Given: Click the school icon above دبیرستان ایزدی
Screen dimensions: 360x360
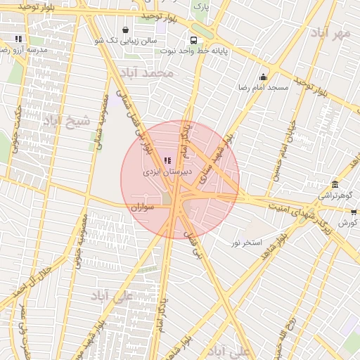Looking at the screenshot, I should [x=167, y=161].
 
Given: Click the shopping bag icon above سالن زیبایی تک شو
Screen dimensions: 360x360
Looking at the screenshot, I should [x=125, y=30].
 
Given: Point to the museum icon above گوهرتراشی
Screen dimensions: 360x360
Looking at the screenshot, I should [x=335, y=185].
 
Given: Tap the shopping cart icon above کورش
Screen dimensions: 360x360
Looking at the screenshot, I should [x=354, y=212].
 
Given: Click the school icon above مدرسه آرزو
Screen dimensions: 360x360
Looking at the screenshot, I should [x=18, y=39].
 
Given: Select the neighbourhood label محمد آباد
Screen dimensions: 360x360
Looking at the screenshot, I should [x=146, y=72].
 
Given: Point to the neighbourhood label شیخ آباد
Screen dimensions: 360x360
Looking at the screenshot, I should [x=67, y=120].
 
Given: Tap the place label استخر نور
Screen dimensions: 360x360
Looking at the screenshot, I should [x=247, y=243].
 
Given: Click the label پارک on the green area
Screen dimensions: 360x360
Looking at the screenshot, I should [x=202, y=7].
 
